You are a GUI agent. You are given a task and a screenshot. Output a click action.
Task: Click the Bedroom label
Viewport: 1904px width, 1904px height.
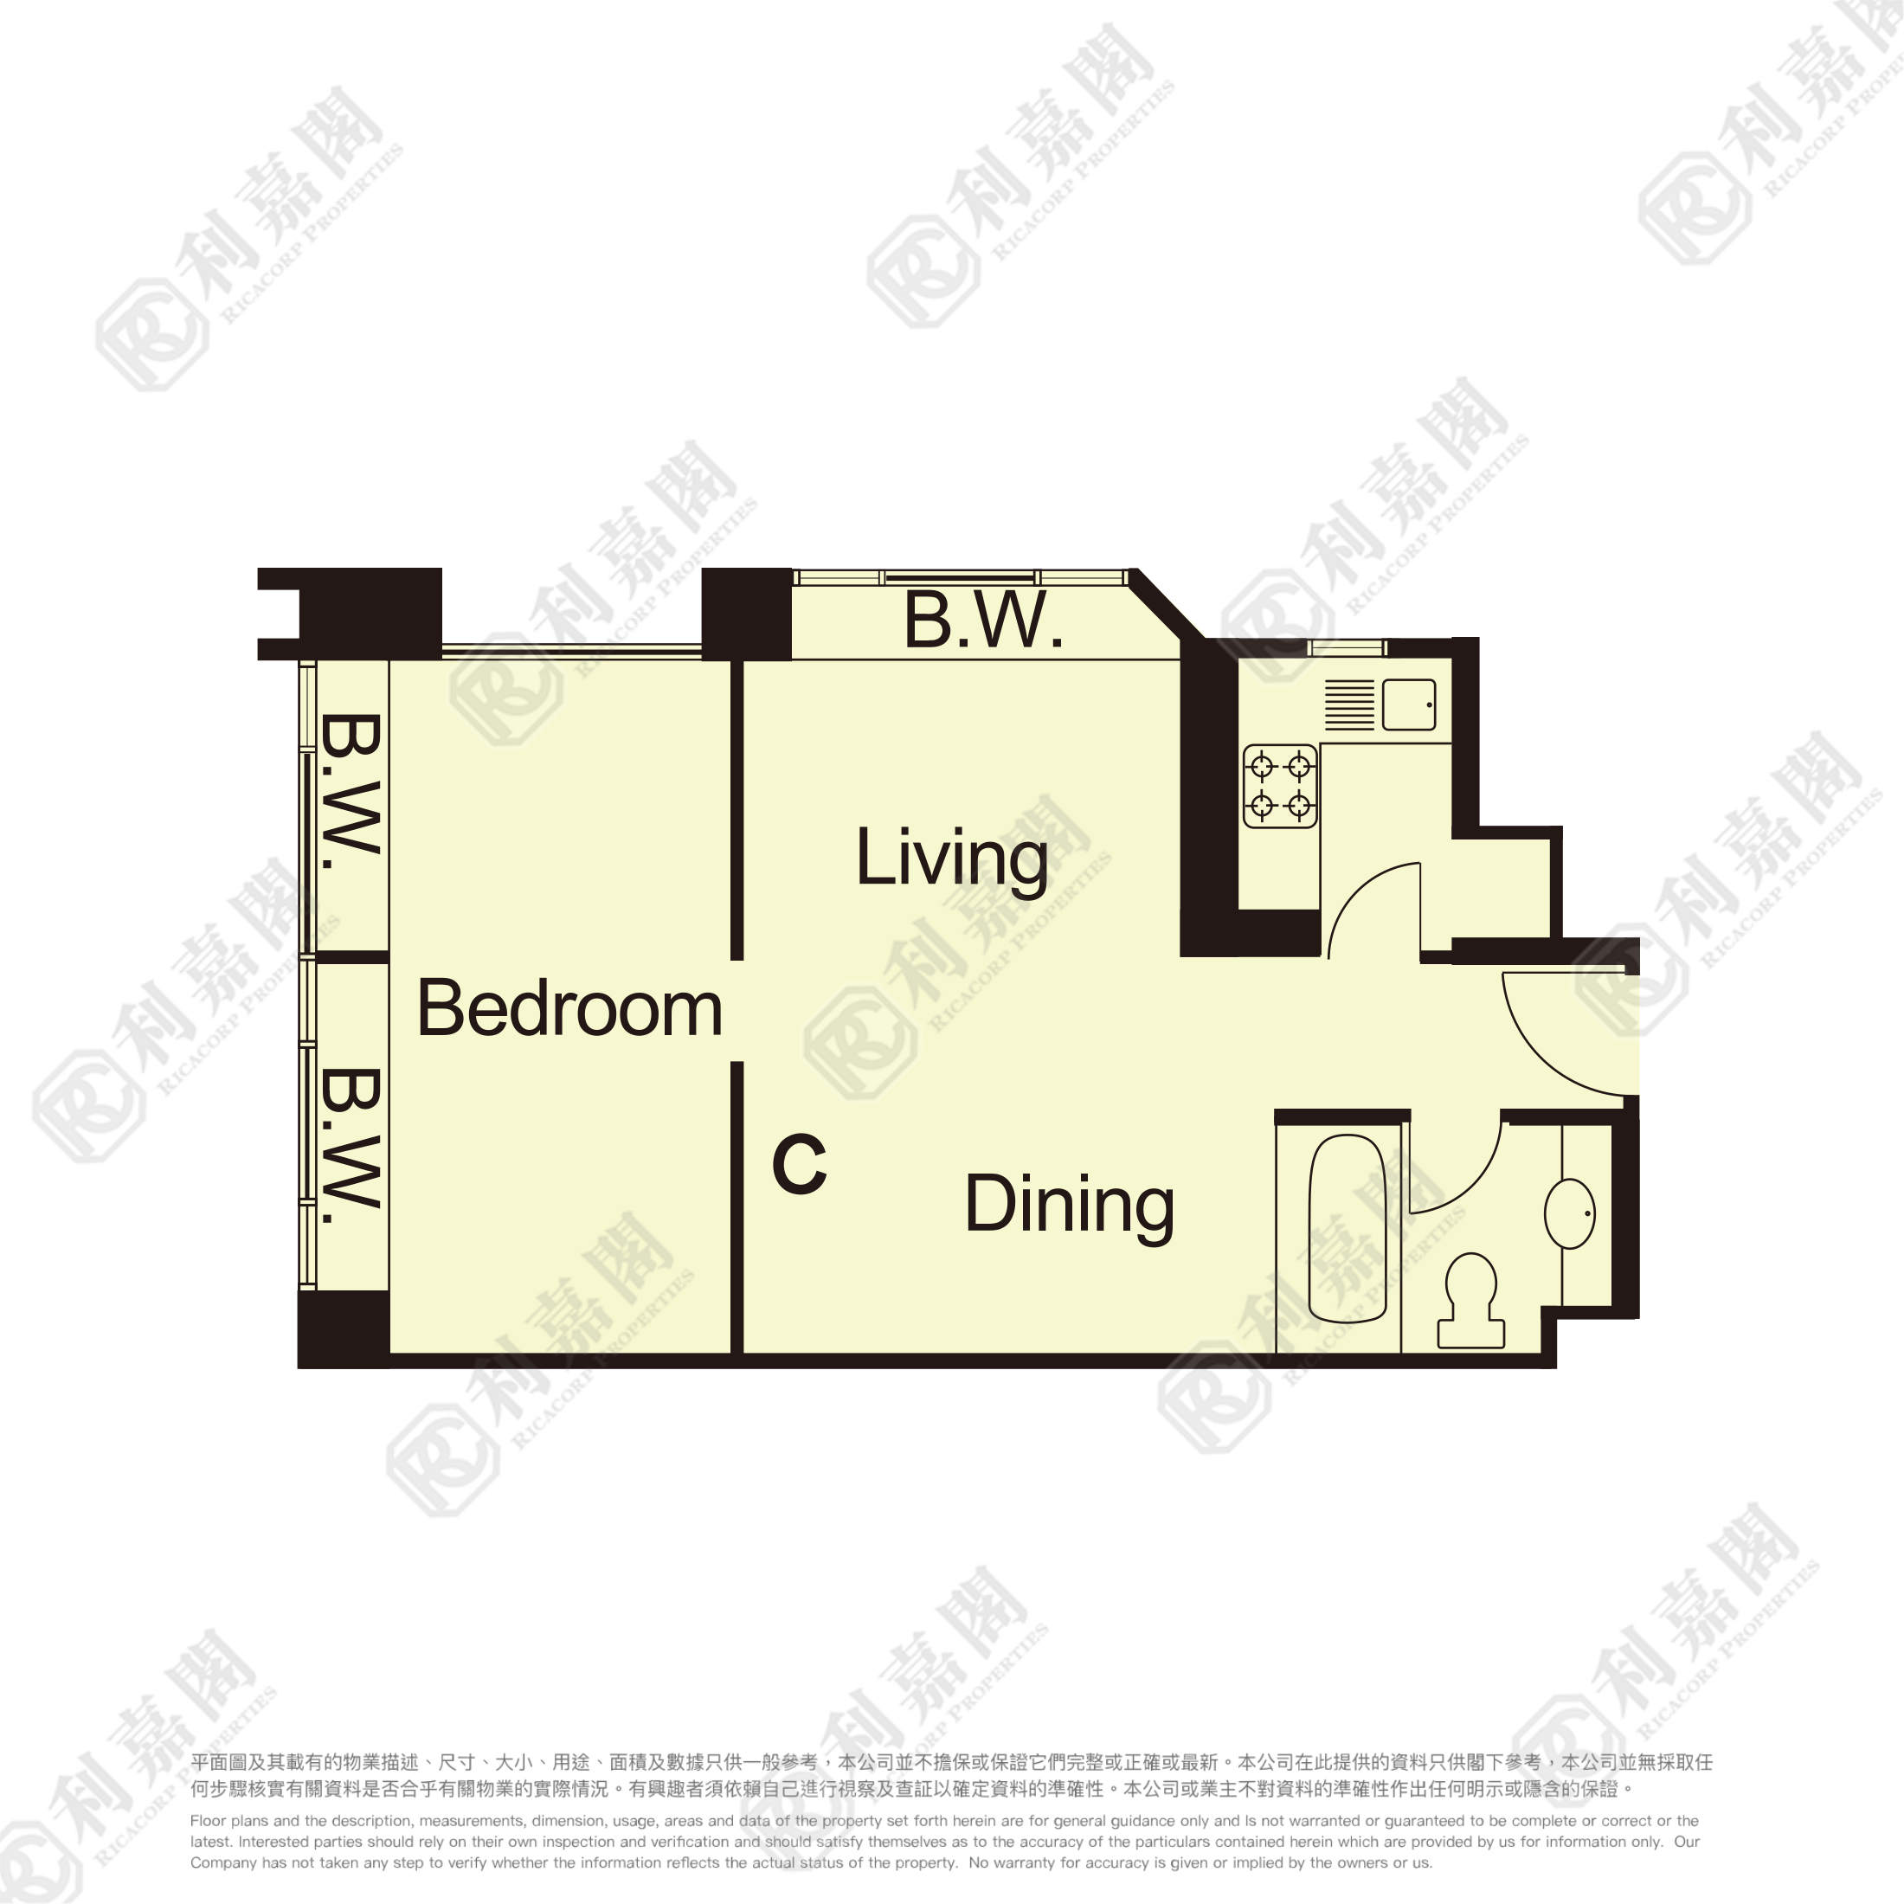569,1008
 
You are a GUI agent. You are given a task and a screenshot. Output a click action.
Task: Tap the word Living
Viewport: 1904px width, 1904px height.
952,859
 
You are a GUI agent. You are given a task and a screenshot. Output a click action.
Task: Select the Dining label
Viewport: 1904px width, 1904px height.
1070,1206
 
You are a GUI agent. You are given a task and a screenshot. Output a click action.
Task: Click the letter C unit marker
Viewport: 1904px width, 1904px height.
798,1164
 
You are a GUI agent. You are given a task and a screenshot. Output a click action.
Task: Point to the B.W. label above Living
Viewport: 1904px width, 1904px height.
983,620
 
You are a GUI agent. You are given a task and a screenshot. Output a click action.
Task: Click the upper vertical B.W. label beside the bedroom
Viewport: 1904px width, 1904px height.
350,791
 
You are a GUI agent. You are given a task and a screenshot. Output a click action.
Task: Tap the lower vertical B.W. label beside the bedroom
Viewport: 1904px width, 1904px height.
350,1145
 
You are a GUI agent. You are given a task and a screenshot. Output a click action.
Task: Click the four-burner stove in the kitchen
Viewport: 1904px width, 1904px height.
1280,786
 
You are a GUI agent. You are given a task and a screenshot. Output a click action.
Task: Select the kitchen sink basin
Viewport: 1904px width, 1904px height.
1408,704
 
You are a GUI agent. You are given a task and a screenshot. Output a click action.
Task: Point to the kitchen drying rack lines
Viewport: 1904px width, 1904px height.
1349,704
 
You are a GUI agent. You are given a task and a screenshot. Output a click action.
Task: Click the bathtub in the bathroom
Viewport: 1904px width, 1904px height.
1348,1228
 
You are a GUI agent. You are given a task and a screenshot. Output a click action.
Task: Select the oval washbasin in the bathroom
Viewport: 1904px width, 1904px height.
1570,1213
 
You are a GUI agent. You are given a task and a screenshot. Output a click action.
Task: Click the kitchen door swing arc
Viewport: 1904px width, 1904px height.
1355,890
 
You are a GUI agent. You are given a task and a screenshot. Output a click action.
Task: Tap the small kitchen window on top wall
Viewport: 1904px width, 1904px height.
1348,647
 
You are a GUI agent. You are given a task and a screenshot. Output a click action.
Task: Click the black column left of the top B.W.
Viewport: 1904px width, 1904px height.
746,614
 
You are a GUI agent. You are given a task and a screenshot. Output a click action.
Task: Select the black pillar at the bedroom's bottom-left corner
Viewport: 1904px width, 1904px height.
343,1328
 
